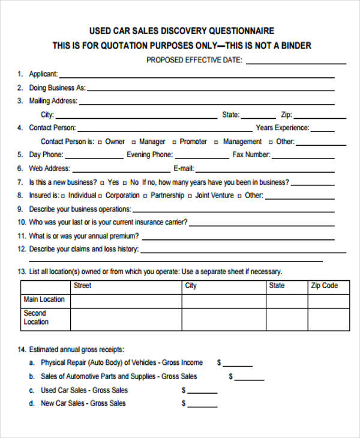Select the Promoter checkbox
point(174,142)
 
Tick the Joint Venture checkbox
point(190,196)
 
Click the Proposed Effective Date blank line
point(296,62)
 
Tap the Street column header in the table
point(82,286)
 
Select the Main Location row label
point(44,299)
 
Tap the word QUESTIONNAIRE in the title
point(242,31)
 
